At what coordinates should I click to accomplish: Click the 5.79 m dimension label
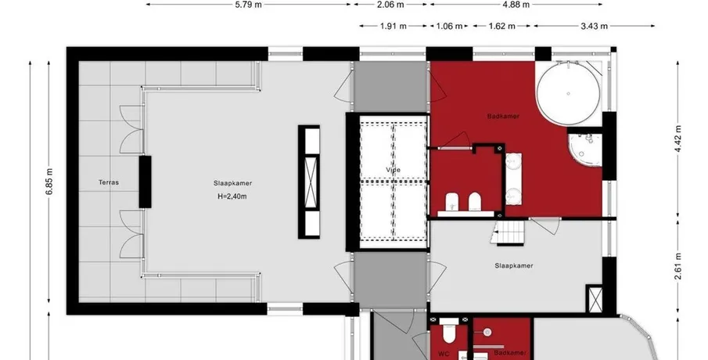click(248, 5)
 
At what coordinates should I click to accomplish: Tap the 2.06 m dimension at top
click(390, 5)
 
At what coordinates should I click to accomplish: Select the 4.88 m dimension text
click(516, 5)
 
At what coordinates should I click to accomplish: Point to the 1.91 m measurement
click(394, 26)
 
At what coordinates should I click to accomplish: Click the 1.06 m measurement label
click(449, 26)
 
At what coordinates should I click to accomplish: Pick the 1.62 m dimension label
click(501, 26)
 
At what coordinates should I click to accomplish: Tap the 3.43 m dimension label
click(594, 26)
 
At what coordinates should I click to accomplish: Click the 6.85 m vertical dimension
click(49, 182)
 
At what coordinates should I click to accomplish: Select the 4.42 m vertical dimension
click(678, 139)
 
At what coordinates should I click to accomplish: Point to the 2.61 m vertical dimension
click(678, 267)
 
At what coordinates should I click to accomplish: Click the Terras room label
click(109, 182)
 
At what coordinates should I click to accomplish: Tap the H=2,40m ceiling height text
click(232, 196)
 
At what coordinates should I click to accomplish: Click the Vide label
click(394, 170)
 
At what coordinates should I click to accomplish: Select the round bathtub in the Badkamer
click(568, 93)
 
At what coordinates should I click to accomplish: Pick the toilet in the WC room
click(449, 333)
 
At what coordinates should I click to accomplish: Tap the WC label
click(444, 354)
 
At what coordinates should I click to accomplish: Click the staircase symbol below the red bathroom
click(510, 232)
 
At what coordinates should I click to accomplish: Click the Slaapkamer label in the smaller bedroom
click(514, 265)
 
